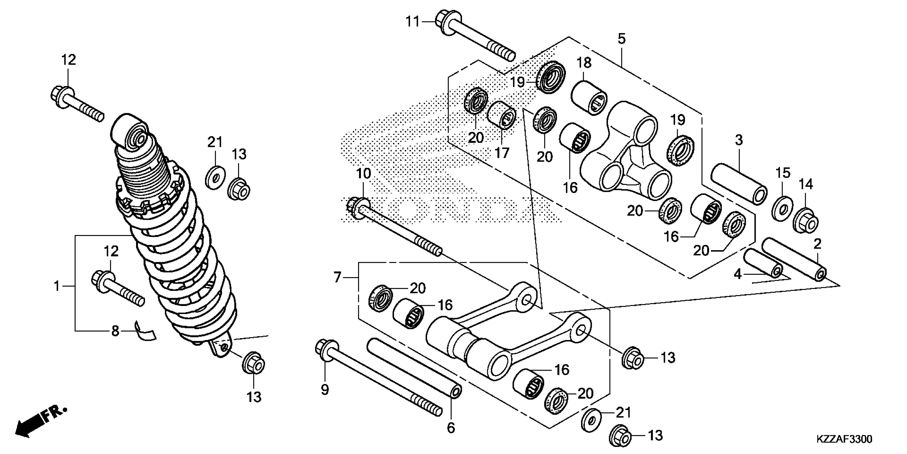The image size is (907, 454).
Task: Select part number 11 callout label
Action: click(x=413, y=22)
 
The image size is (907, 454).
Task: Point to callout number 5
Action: click(x=622, y=39)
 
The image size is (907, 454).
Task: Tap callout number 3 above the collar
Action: click(x=739, y=140)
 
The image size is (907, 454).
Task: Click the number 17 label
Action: click(x=502, y=153)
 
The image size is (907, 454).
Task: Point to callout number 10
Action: click(x=364, y=174)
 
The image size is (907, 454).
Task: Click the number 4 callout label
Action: click(x=737, y=274)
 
